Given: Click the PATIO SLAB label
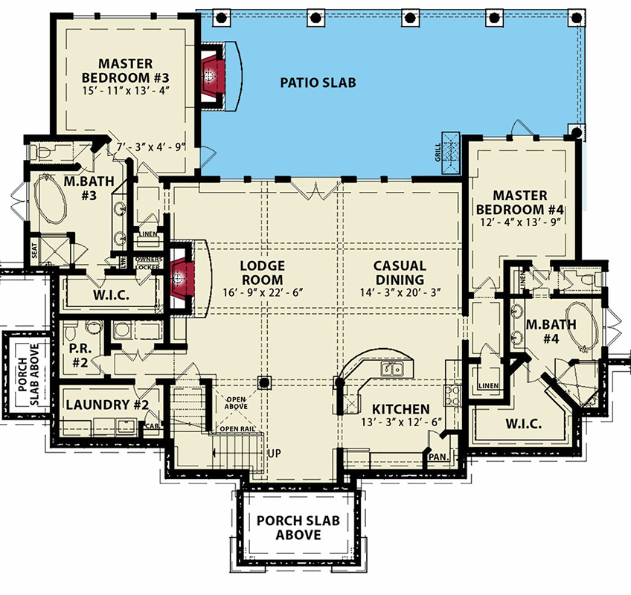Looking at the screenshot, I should pyautogui.click(x=317, y=82).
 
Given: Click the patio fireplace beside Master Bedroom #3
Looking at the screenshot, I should pyautogui.click(x=212, y=74).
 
